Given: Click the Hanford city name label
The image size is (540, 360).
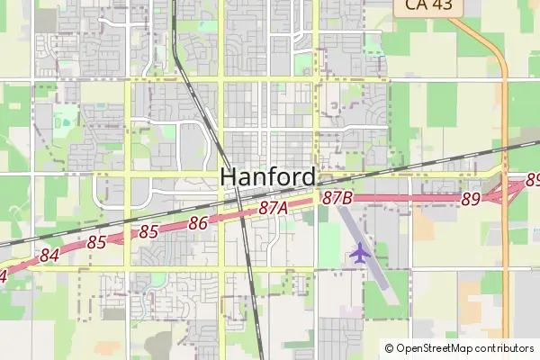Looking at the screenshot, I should [268, 177].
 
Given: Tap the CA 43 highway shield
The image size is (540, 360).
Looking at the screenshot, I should [427, 6].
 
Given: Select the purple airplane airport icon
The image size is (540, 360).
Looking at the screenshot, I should [360, 252].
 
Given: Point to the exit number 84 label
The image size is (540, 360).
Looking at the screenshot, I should [49, 256].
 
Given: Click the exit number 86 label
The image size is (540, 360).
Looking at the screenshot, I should [199, 222].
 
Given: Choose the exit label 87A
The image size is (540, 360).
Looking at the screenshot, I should [273, 208].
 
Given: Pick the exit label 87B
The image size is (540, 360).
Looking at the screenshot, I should [337, 197].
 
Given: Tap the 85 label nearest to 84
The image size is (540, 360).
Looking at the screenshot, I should [97, 242].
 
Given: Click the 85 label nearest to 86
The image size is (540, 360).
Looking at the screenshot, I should [148, 232].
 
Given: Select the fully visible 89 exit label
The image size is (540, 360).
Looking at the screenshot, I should [471, 200].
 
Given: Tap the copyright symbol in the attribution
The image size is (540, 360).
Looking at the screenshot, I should [389, 348].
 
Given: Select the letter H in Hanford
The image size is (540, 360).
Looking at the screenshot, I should [229, 177].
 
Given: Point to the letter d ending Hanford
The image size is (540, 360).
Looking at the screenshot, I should [308, 177].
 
